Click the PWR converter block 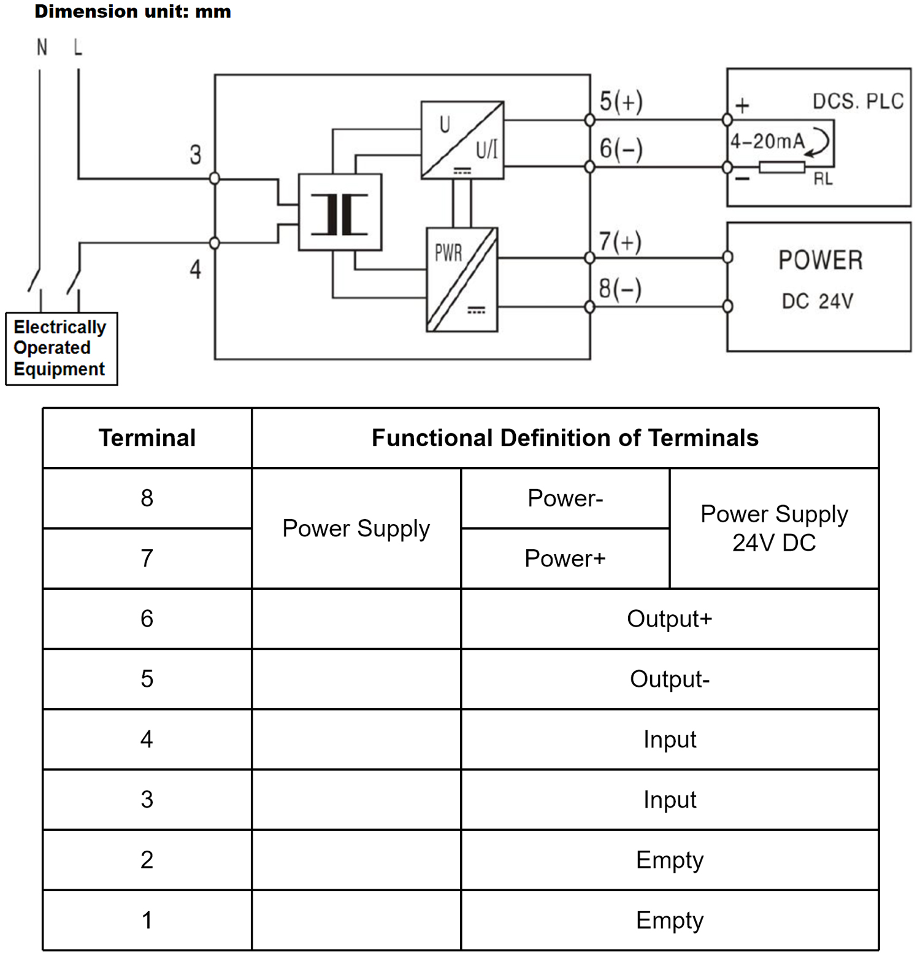[x=462, y=279]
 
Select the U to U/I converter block [x=462, y=140]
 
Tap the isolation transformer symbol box [x=340, y=212]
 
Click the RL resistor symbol [x=781, y=167]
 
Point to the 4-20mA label [x=767, y=142]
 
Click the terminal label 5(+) [x=621, y=101]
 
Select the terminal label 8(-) [x=619, y=288]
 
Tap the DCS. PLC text [x=857, y=101]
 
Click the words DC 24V [x=817, y=301]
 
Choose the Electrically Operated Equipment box [x=61, y=349]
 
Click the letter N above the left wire [x=42, y=47]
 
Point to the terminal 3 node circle [x=215, y=179]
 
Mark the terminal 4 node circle [x=215, y=243]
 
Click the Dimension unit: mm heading [x=132, y=11]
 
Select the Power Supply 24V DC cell [x=774, y=528]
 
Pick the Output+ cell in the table [x=669, y=619]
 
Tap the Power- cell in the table [x=565, y=498]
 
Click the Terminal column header [x=147, y=438]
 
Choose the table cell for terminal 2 [x=147, y=860]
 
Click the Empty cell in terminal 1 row [x=669, y=920]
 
